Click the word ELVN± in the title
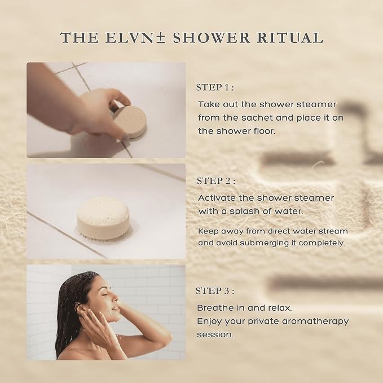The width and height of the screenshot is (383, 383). pos(136,38)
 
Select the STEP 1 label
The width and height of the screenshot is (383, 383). pos(215,87)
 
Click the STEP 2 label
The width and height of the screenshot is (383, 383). pos(216,181)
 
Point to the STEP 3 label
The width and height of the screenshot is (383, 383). pos(215,291)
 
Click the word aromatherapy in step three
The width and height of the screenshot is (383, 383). pos(315,322)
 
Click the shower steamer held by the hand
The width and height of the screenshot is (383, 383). pos(130,121)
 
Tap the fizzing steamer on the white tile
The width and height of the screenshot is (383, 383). pos(103,219)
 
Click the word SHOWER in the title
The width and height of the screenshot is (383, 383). pos(212,38)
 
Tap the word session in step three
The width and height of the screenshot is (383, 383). pos(215,334)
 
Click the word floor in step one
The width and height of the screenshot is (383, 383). pos(265,131)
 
